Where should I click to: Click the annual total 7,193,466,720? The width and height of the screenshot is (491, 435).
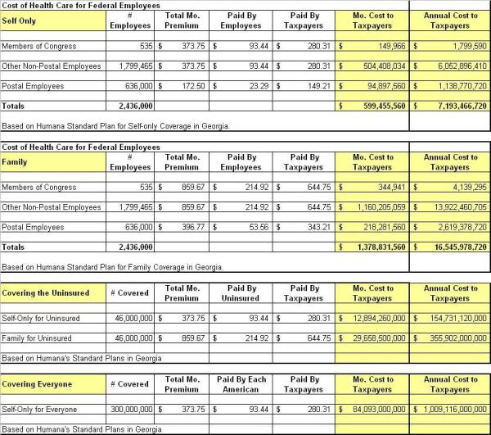453,106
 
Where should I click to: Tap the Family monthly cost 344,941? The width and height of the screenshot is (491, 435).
385,188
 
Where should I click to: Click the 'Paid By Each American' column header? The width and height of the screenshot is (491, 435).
241,384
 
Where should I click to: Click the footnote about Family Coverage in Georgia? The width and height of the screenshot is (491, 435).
112,267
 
